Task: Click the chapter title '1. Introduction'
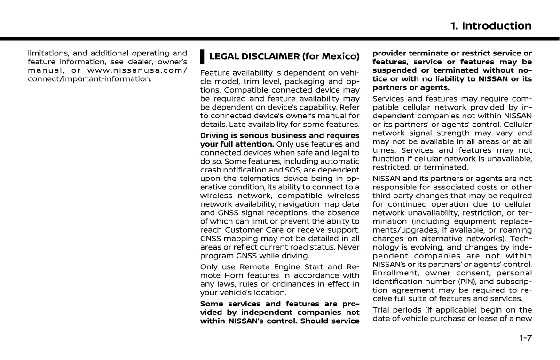point(490,26)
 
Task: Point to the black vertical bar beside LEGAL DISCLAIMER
point(202,57)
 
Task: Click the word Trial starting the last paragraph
point(381,310)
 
